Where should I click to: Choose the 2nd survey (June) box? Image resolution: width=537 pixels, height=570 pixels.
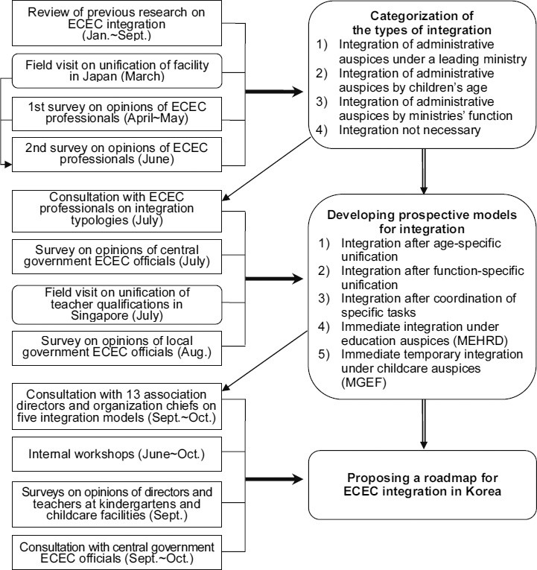pos(115,154)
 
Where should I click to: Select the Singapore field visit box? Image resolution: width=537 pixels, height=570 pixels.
pos(115,304)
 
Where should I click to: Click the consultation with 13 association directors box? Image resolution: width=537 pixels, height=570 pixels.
pos(115,405)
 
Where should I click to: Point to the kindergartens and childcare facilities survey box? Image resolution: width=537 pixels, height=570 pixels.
pos(115,499)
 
